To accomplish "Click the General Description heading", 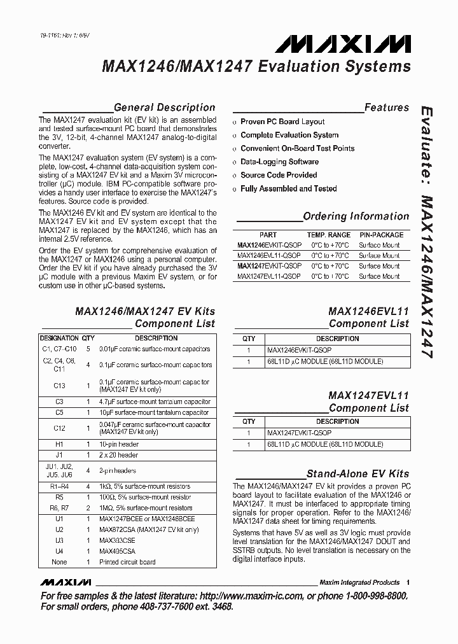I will coord(164,108).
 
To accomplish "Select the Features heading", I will coord(386,108).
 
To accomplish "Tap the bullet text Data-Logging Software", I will coord(279,162).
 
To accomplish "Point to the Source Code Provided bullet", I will coord(279,175).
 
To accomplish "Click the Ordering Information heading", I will coord(356,216).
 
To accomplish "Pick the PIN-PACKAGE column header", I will coord(381,235).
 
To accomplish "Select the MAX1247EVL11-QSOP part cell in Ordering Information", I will coord(269,277).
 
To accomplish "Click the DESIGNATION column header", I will coord(59,338).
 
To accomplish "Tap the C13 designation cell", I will coord(59,386).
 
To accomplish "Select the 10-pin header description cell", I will coord(119,444).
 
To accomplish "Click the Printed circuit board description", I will coord(128,562).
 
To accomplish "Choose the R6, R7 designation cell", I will coord(59,508).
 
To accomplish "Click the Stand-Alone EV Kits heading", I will coord(357,474).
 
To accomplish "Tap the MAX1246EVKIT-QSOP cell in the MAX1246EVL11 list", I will coord(299,351).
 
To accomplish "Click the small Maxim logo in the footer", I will coord(66,582).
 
